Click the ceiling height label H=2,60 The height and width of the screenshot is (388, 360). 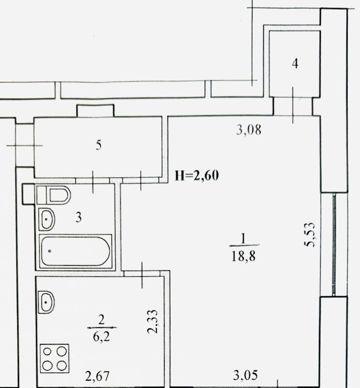(197, 176)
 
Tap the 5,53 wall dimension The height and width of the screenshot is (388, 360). (309, 235)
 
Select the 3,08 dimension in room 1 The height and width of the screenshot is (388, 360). (249, 130)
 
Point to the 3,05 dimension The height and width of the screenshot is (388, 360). (245, 375)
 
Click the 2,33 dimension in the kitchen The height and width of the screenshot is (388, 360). (152, 322)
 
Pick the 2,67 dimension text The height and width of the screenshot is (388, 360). (97, 376)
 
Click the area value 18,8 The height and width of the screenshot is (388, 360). (243, 256)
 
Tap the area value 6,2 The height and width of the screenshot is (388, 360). (101, 337)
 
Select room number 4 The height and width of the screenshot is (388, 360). (295, 64)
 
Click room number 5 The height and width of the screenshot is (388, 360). (99, 145)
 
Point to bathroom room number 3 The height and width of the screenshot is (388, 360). (78, 217)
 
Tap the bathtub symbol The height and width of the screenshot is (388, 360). (76, 251)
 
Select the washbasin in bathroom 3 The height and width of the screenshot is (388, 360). (47, 219)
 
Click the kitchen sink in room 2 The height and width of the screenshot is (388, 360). (46, 302)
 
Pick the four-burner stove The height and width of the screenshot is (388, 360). (55, 358)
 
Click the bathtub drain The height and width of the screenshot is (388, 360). (50, 251)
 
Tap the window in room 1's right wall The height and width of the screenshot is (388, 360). (334, 244)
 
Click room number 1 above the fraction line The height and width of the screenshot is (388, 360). (243, 239)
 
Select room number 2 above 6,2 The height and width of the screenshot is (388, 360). (101, 321)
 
